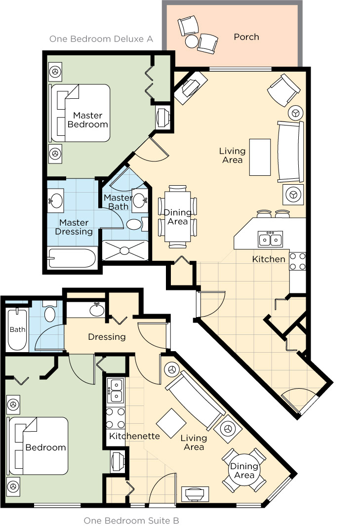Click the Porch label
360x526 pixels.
tap(246, 37)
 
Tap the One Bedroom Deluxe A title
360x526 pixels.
tap(101, 39)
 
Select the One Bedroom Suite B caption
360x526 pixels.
tap(131, 520)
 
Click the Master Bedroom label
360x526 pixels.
tap(87, 120)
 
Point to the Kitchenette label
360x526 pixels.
tap(134, 436)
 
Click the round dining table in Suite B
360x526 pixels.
tap(244, 471)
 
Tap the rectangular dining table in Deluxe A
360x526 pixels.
tap(177, 216)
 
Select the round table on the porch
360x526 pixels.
tap(192, 41)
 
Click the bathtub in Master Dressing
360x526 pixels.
tap(73, 258)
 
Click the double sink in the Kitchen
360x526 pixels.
tap(270, 239)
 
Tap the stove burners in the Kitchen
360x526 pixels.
tap(297, 261)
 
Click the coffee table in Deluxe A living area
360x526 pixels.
tap(260, 158)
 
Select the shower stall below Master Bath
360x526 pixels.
tap(125, 250)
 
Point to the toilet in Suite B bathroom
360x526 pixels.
tap(50, 312)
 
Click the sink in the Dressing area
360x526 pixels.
tap(97, 310)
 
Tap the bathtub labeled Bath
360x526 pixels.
tap(17, 329)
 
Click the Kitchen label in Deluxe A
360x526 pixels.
tap(269, 259)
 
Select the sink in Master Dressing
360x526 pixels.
tap(56, 200)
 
